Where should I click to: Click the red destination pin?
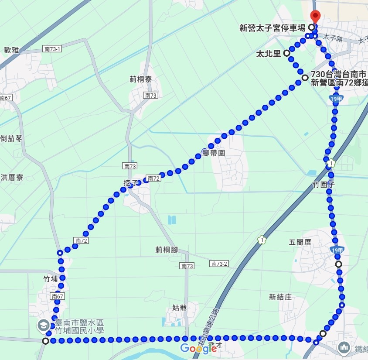tap(315, 16)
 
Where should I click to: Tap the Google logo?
tap(198, 348)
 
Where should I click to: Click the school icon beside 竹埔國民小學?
tap(43, 325)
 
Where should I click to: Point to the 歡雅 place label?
tap(11, 50)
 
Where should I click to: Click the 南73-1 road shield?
tap(53, 49)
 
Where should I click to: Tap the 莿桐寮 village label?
tap(140, 79)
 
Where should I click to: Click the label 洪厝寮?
tap(12, 178)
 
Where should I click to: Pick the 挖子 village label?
tap(130, 183)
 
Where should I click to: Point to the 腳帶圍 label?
tap(213, 153)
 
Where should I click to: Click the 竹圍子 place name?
tap(324, 185)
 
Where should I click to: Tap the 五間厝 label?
tap(300, 242)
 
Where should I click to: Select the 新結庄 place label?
tap(280, 297)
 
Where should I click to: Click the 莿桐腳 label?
tap(167, 250)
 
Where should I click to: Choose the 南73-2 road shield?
tap(219, 264)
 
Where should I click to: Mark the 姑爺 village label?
tap(180, 308)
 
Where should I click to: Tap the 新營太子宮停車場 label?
tap(272, 28)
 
